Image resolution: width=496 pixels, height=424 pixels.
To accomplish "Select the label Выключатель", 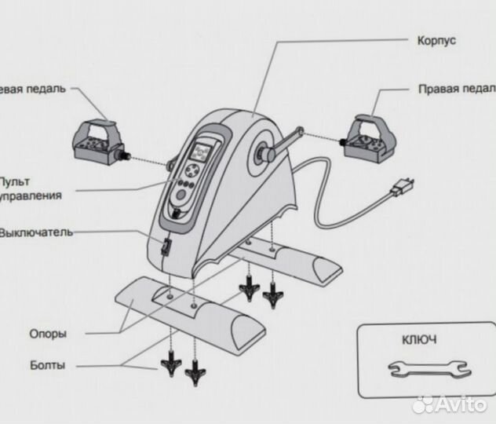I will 36,232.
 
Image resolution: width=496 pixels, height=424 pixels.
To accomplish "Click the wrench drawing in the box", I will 429,367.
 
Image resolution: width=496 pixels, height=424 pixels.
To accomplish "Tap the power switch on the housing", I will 166,249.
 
